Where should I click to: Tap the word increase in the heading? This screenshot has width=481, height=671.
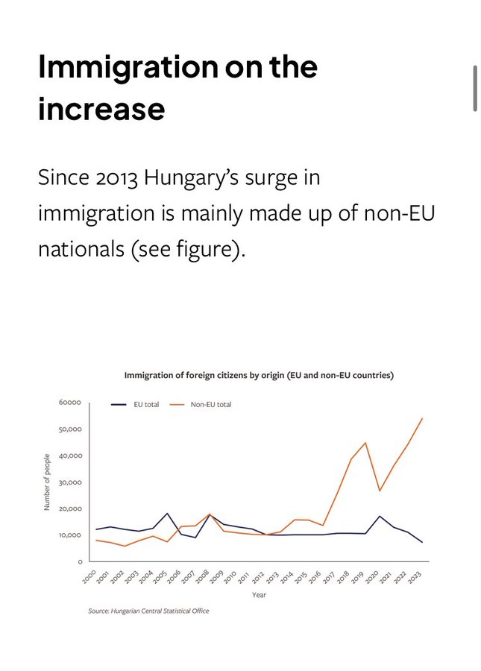(x=101, y=109)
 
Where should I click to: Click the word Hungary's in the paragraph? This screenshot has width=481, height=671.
(x=200, y=180)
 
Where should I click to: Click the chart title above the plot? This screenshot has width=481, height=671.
(x=259, y=375)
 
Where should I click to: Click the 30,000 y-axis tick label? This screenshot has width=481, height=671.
(x=69, y=482)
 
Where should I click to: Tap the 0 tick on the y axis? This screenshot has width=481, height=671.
(x=78, y=561)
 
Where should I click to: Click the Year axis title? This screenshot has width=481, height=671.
(x=259, y=595)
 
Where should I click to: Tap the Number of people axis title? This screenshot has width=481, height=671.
(x=47, y=482)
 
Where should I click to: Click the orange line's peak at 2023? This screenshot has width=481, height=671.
(x=422, y=418)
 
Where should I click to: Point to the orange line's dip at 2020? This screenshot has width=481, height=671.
(x=380, y=491)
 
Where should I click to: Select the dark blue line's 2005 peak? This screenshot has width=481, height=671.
(x=167, y=514)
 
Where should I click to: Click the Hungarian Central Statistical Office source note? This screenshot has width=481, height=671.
(x=148, y=611)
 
